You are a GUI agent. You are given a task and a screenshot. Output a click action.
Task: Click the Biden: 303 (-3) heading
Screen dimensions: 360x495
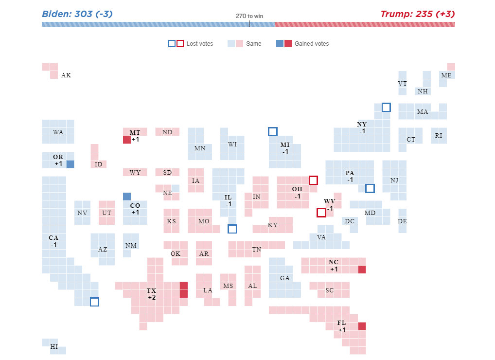[x=77, y=14]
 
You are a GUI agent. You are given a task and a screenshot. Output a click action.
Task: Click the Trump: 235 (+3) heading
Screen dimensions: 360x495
[x=417, y=14]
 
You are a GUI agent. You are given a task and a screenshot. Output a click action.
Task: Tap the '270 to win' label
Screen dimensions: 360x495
[x=249, y=16]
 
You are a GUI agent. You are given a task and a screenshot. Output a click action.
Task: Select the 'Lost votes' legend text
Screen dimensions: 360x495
[x=199, y=44]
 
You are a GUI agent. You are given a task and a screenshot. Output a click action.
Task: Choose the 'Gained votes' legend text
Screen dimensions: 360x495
[x=312, y=44]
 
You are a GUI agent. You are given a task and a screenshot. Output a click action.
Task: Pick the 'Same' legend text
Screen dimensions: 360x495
[x=253, y=44]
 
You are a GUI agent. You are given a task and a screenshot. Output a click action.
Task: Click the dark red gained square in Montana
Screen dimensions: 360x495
[x=127, y=140]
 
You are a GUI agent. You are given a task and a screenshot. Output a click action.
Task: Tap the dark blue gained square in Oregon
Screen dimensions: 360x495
[x=70, y=164]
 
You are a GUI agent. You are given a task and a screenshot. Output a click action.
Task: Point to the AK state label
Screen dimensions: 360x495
[x=66, y=75]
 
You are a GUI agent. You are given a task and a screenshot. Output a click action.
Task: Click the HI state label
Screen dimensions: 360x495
[x=54, y=347]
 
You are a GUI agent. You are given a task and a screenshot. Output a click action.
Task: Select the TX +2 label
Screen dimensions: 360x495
[x=152, y=294]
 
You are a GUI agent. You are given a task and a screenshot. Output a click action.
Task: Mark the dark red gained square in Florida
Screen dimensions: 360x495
[x=362, y=326]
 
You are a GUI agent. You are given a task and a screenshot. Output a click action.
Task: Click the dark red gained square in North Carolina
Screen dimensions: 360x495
[x=362, y=270]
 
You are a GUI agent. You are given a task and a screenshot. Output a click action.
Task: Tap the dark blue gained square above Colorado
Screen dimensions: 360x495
[x=127, y=197]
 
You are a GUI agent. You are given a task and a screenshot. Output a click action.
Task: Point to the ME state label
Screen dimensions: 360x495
[x=446, y=75]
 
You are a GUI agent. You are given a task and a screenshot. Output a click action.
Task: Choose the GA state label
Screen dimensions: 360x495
[x=285, y=278]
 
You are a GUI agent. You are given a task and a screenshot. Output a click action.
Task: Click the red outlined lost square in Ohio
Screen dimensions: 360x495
[x=313, y=180]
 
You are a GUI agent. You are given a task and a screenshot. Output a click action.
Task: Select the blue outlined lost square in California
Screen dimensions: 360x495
[x=94, y=302]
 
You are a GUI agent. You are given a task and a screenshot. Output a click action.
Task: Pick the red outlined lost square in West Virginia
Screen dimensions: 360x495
[x=321, y=213]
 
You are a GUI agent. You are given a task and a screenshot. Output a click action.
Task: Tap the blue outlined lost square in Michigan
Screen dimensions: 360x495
[x=273, y=131]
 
